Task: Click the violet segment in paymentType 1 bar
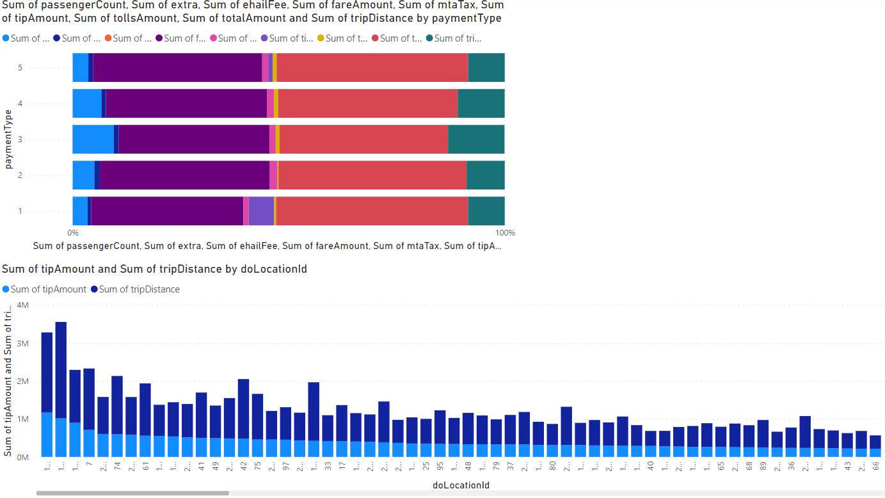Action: [x=261, y=211]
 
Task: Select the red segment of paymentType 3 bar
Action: [x=363, y=139]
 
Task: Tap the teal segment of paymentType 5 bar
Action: [x=486, y=67]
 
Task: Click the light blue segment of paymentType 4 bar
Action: [x=86, y=103]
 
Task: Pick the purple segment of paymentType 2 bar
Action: [x=184, y=175]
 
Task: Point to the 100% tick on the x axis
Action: [x=506, y=232]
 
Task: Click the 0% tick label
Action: [x=73, y=232]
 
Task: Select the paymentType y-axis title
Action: [x=8, y=139]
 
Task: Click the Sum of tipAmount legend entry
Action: [x=44, y=289]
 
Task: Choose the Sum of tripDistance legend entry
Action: [x=135, y=289]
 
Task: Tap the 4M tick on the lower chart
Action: [x=22, y=305]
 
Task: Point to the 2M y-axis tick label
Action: [x=22, y=382]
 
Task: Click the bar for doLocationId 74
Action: [x=117, y=416]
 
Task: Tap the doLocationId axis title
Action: [x=461, y=485]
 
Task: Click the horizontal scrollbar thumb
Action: [x=132, y=493]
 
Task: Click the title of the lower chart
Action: [x=154, y=269]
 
